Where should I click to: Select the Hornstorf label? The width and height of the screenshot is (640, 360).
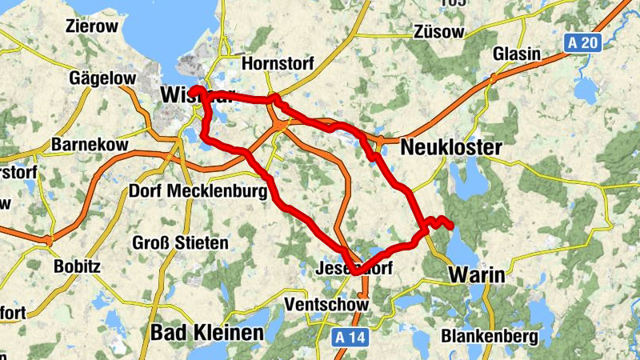point(278,63)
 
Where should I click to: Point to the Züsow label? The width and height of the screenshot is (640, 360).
point(440,31)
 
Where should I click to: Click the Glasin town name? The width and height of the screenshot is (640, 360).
point(517,54)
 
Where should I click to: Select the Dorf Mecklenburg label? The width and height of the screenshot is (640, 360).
point(197,192)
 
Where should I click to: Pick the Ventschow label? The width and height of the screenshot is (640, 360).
point(326,305)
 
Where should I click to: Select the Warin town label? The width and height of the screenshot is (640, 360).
point(477,275)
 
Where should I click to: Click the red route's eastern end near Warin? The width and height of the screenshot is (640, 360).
point(450,225)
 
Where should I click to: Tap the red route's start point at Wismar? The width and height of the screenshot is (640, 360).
point(195,90)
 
